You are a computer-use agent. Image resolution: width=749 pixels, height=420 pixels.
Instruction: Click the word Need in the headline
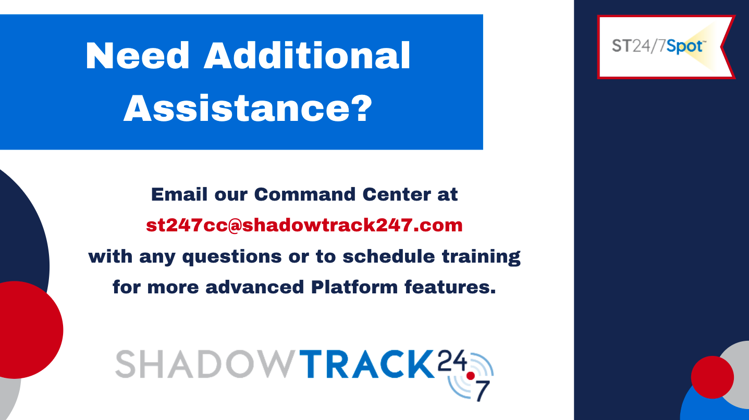(138, 56)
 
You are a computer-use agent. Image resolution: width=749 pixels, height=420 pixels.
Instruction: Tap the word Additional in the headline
(307, 56)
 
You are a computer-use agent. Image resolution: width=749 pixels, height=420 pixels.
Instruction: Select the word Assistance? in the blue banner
(248, 108)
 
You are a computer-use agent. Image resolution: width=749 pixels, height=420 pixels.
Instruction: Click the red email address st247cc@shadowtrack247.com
(304, 225)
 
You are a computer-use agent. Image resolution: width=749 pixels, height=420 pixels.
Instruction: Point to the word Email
(179, 194)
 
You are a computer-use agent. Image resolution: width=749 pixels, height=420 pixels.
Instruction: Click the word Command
(304, 194)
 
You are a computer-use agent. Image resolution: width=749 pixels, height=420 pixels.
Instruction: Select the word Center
(397, 194)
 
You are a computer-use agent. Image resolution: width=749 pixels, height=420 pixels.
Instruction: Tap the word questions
(232, 257)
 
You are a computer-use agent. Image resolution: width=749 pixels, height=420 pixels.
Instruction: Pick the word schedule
(388, 256)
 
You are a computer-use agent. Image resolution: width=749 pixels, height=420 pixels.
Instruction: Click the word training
(481, 257)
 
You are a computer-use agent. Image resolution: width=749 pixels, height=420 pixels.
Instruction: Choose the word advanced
(254, 287)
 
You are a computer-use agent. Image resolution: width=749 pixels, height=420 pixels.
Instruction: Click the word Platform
(354, 287)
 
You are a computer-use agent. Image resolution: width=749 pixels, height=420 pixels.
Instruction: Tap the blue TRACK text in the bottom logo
(366, 364)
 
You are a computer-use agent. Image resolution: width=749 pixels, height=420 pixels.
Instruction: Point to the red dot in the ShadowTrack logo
(471, 376)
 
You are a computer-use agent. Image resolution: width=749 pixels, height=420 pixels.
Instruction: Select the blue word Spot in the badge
(685, 46)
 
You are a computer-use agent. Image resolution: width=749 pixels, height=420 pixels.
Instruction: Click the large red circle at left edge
(23, 330)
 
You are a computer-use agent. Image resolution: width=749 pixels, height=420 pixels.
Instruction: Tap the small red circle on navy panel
(713, 377)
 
